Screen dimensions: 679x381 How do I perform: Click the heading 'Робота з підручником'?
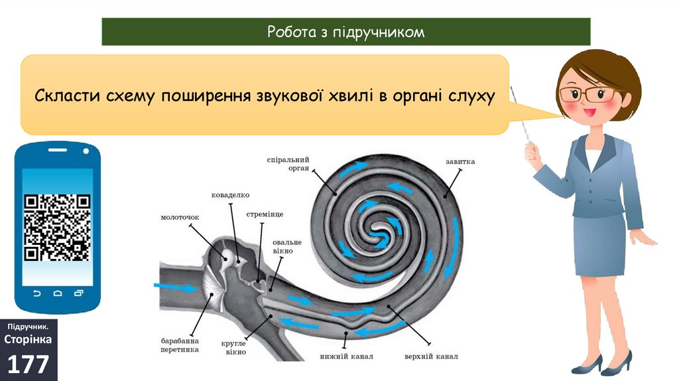345,32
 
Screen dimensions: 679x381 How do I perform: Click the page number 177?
29,365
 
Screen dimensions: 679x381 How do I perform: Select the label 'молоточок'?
180,217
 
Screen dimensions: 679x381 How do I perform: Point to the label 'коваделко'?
230,195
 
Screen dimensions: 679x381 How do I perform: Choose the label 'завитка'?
460,161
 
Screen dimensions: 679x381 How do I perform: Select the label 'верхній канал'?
431,356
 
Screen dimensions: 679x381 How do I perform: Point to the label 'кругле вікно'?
234,347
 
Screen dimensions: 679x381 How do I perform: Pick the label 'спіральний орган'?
288,164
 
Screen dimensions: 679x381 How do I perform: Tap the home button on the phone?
58,293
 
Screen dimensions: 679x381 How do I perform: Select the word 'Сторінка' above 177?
29,340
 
